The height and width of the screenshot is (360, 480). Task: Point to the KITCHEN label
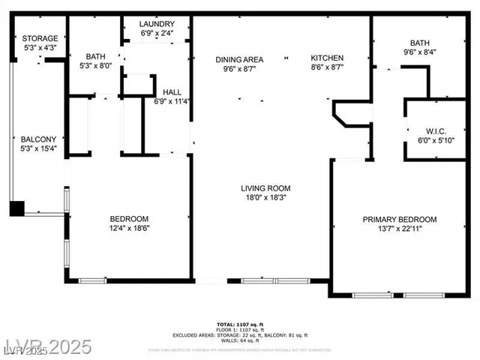coord(328,58)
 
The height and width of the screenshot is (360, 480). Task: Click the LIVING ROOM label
coord(265,188)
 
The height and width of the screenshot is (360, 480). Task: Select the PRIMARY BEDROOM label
coord(400,219)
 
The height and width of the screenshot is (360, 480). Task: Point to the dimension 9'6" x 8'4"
coord(419,52)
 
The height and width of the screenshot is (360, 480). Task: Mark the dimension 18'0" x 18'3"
coord(265,198)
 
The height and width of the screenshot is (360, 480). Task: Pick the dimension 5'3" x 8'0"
coord(95,65)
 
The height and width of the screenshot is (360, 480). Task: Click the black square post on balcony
coord(16,208)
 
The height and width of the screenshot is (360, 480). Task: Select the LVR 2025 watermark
coord(46,346)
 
